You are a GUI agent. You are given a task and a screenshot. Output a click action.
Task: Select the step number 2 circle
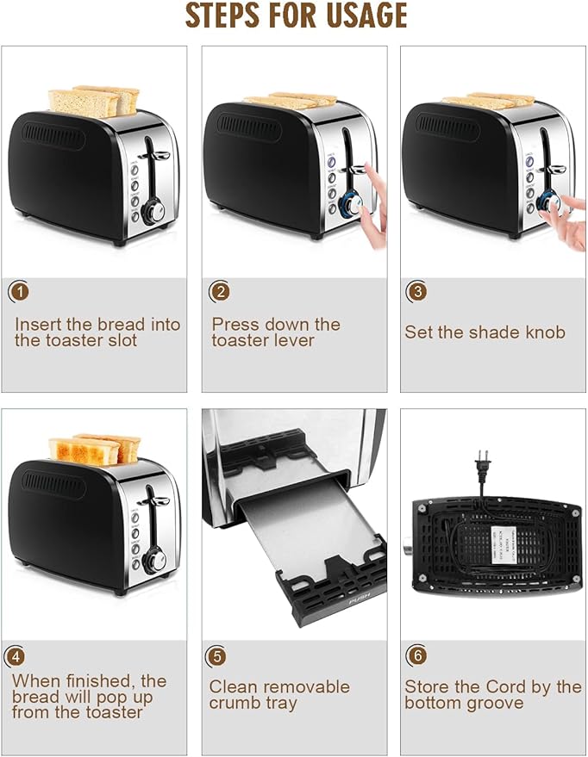(219, 291)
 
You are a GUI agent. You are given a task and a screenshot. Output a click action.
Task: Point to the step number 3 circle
(416, 291)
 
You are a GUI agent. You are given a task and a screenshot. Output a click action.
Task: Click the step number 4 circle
(15, 655)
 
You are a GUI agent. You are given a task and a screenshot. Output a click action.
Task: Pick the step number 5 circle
(216, 656)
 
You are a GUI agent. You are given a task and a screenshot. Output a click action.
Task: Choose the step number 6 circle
(416, 656)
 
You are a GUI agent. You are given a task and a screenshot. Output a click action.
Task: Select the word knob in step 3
(545, 332)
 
